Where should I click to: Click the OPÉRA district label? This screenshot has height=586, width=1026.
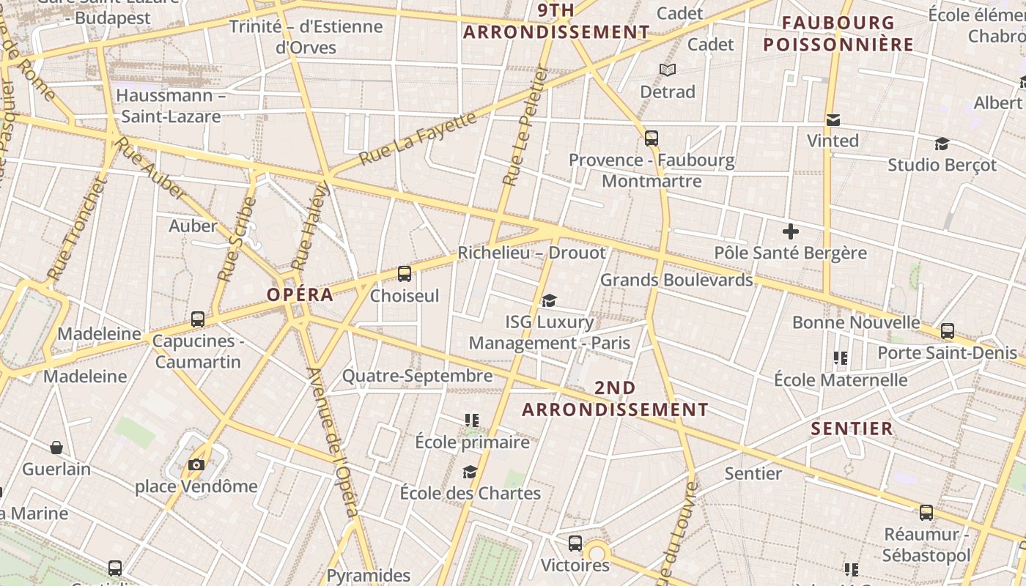300,295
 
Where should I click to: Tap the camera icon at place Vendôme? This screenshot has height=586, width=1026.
196,464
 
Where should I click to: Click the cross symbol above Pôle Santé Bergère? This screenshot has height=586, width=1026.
790,232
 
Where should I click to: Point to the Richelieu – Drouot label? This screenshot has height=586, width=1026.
531,253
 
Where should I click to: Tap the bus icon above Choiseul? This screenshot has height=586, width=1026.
404,274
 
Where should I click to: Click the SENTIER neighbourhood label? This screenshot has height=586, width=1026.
852,429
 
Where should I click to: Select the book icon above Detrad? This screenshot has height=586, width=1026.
667,70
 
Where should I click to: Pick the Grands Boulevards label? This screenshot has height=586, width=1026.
676,280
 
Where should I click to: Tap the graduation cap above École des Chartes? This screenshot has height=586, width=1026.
470,472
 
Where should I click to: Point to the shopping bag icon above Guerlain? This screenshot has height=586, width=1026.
56,448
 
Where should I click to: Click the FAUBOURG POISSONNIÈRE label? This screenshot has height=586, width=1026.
838,34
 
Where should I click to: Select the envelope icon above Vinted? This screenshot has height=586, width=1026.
833,120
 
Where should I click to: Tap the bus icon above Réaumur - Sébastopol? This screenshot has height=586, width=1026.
926,513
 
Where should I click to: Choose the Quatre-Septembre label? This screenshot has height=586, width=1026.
417,377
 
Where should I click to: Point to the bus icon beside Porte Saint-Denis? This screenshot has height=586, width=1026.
948,331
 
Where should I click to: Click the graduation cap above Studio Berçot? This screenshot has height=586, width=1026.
942,144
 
